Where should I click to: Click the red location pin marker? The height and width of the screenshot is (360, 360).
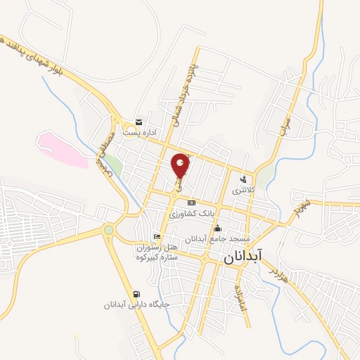coord(181,165)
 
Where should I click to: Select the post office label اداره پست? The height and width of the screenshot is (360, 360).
coord(139,131)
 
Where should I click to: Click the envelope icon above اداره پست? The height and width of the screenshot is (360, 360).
coord(139,121)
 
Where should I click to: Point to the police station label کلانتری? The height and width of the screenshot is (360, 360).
coord(245,190)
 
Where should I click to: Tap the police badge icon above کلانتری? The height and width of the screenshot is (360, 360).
coord(244,179)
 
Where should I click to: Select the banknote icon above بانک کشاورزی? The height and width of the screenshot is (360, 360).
coord(191,202)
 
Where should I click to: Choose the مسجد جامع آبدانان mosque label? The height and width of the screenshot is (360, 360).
coord(217,239)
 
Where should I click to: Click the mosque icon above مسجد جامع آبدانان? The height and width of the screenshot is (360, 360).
coord(217,228)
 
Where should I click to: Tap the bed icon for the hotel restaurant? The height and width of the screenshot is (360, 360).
coord(156,236)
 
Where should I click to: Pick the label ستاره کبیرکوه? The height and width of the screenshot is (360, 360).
coord(159,257)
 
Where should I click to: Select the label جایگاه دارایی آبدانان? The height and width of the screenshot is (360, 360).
coord(128,304)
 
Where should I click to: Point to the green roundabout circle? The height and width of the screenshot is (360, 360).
coord(108,229)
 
